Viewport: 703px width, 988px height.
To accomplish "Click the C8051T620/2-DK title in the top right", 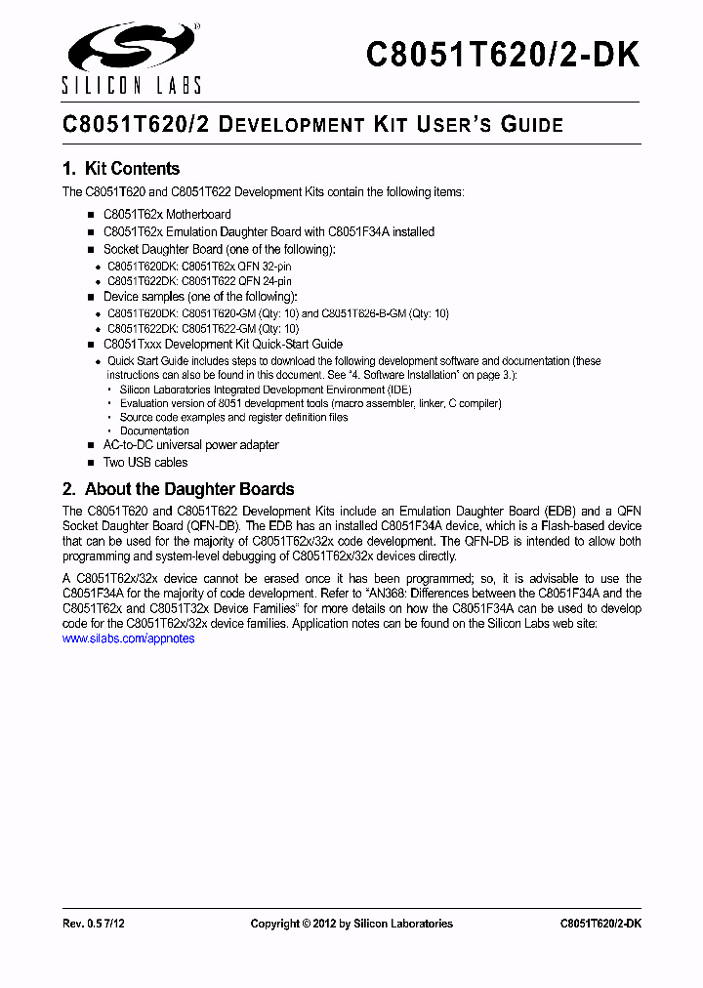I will [x=503, y=55].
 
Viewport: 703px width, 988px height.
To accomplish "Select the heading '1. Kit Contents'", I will [x=121, y=169].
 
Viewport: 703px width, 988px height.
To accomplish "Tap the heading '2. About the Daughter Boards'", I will [x=179, y=489].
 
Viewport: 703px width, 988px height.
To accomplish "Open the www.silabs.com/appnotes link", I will [x=128, y=638].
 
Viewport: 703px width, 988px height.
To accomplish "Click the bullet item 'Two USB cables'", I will [x=145, y=463].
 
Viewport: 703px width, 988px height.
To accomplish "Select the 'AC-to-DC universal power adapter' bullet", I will [x=191, y=445].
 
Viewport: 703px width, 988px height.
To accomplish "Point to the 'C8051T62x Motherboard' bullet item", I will [x=167, y=215].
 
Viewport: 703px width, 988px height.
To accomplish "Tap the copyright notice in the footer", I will [x=351, y=924].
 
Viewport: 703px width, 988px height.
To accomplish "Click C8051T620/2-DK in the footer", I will [x=600, y=924].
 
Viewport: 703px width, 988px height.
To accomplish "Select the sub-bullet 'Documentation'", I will [x=154, y=431].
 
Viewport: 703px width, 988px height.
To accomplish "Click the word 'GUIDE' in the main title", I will [x=532, y=125].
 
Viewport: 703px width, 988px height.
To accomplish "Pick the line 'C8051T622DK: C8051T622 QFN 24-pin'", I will [x=199, y=279].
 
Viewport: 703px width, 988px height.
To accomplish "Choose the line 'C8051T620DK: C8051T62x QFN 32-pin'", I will [x=199, y=266].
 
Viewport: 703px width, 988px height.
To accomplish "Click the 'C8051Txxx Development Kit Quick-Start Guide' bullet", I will [x=223, y=345].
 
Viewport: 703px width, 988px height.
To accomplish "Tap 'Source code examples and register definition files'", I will [x=233, y=417].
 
